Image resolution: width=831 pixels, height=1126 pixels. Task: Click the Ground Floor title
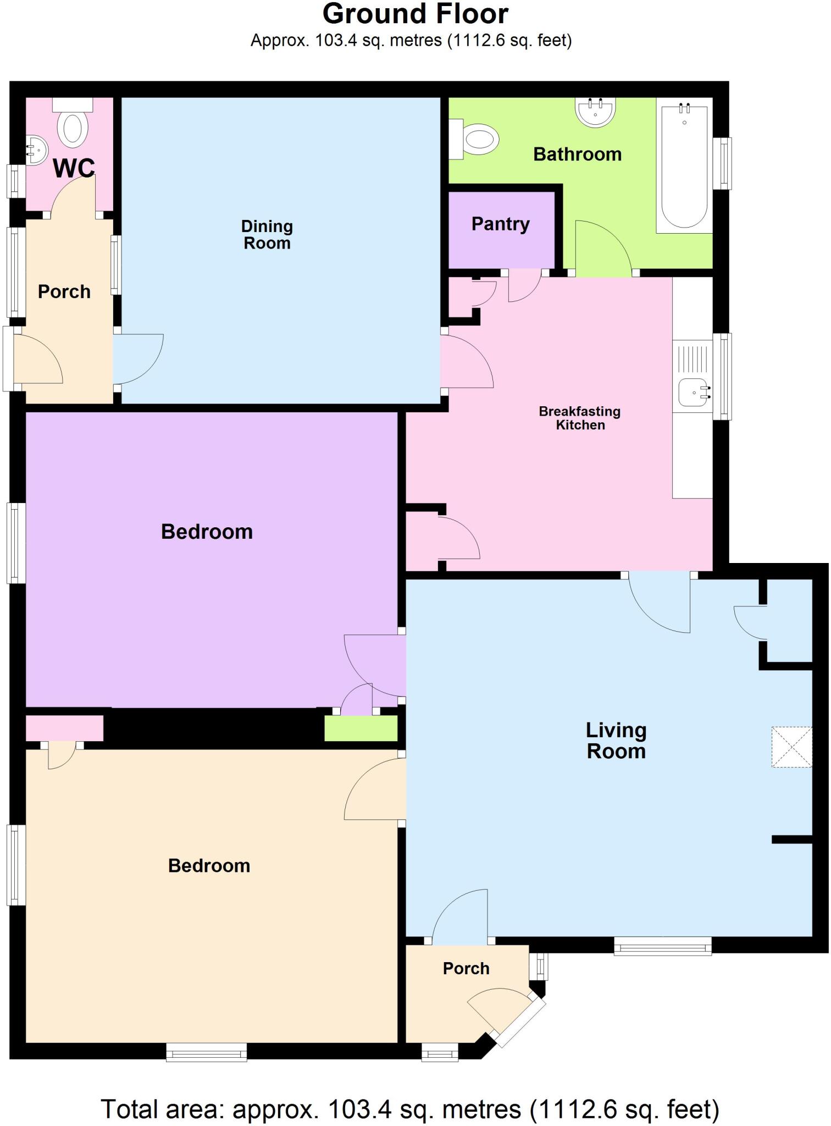click(x=415, y=14)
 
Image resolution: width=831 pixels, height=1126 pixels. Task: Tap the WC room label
click(x=74, y=168)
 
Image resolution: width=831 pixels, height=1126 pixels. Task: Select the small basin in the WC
click(x=36, y=150)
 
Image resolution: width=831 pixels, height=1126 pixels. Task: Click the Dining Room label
click(x=267, y=235)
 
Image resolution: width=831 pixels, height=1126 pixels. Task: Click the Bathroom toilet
click(x=477, y=139)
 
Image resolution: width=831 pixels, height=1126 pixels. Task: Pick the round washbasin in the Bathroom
click(x=595, y=112)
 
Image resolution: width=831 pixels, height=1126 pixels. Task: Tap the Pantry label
click(x=501, y=224)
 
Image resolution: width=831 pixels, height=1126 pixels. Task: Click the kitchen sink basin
click(x=693, y=393)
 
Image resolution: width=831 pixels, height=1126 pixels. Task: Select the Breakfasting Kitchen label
click(x=580, y=418)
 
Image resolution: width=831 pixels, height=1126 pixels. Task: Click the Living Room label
click(x=616, y=741)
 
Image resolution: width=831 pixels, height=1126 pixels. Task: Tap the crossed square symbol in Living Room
click(x=791, y=747)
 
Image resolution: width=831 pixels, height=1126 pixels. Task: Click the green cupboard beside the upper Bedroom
click(x=361, y=728)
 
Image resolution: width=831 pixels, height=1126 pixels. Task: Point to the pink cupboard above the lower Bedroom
click(x=64, y=727)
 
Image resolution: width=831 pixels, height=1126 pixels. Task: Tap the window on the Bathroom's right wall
click(x=722, y=163)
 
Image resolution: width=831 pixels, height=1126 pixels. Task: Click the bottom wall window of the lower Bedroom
click(x=207, y=1052)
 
